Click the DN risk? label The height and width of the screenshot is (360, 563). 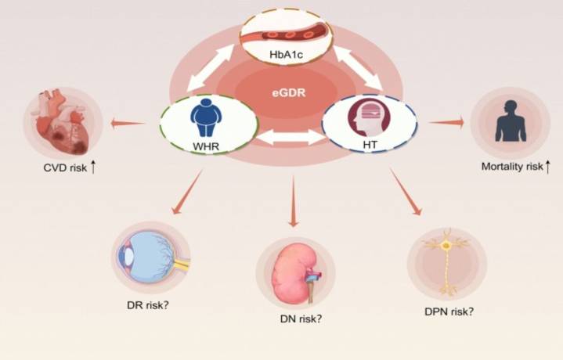[301, 318]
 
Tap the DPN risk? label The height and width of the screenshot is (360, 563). [445, 310]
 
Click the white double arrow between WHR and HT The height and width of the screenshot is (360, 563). [289, 139]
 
